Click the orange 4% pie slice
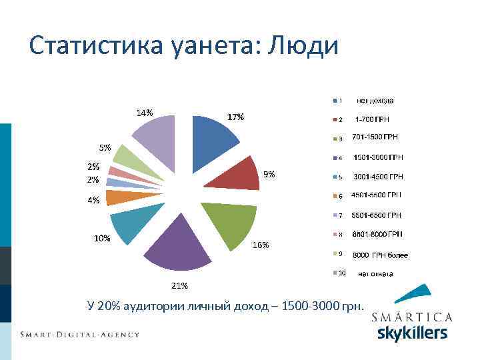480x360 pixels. pos(116,197)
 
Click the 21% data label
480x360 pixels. pos(179,286)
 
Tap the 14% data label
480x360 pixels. pos(145,112)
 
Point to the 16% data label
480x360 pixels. pos(260,245)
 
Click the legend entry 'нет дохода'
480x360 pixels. pos(374,101)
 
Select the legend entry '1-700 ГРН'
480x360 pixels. pos(371,120)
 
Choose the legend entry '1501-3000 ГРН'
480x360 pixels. pos(377,158)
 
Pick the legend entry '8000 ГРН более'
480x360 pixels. pos(379,255)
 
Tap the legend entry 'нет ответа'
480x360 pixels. pos(375,273)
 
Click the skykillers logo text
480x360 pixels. pos(412,332)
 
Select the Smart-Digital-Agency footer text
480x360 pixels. pos(79,334)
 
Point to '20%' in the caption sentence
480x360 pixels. pos(106,306)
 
